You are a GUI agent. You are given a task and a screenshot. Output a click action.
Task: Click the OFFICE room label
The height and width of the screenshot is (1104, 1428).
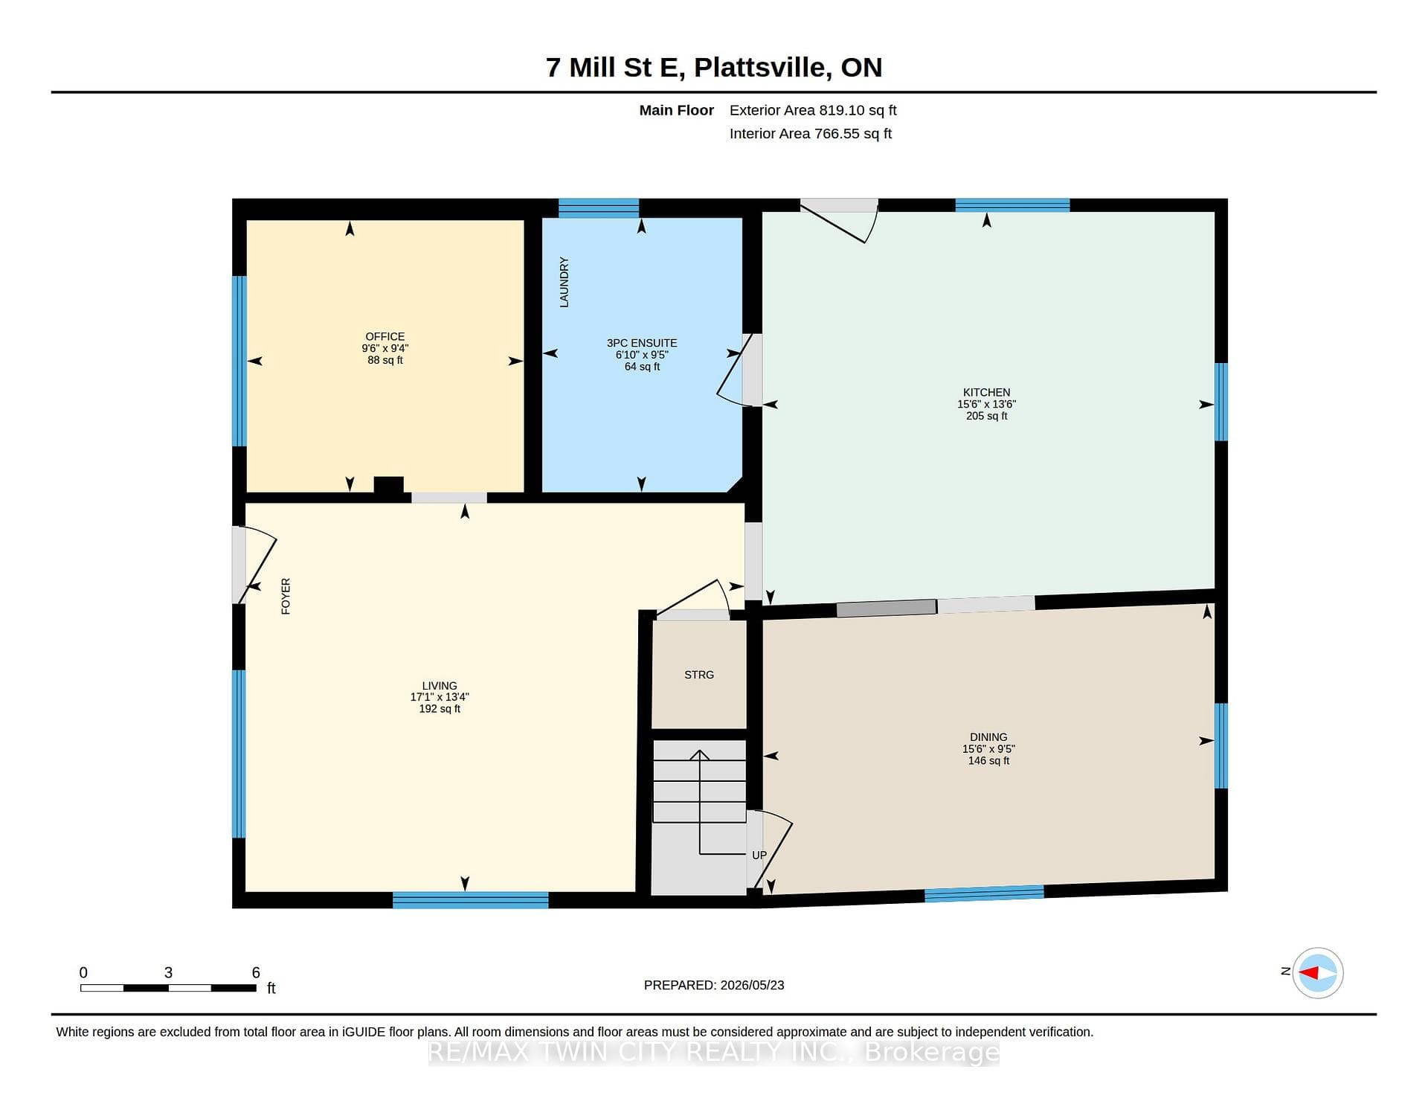tap(385, 336)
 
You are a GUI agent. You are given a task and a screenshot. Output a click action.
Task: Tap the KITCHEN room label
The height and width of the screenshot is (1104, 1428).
tap(986, 392)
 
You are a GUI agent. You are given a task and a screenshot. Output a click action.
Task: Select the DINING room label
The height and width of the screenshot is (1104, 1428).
tap(988, 737)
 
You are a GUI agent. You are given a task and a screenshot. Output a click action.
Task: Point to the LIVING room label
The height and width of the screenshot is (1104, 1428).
tap(440, 686)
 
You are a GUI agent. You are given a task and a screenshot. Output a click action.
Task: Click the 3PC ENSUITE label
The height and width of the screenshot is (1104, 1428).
tap(642, 343)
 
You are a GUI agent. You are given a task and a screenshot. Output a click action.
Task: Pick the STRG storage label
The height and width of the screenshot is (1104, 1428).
tap(699, 675)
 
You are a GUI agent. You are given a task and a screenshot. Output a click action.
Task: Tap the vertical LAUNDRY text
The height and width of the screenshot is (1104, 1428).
tap(564, 282)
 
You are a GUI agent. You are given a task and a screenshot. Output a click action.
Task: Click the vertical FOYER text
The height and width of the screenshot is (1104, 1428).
tap(286, 596)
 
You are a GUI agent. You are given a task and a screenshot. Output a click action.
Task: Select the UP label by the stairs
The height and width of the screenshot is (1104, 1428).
tap(759, 855)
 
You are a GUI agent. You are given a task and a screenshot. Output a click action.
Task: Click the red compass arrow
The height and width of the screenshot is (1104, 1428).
tap(1309, 972)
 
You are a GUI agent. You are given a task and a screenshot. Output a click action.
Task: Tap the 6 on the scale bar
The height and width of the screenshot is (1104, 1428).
tap(256, 972)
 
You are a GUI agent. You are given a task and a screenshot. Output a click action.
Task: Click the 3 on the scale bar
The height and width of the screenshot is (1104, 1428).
tap(168, 972)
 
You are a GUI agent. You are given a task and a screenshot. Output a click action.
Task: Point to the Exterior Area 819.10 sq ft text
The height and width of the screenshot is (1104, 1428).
tap(813, 110)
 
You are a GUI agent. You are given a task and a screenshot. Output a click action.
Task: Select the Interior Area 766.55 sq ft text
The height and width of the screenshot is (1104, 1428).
tap(811, 134)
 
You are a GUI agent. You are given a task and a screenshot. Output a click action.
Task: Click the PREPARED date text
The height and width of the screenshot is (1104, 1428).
tap(714, 985)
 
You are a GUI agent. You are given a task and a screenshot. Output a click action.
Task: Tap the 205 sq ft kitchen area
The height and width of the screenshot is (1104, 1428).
tap(986, 416)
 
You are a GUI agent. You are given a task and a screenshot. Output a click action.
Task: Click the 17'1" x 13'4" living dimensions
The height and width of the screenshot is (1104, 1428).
tap(440, 697)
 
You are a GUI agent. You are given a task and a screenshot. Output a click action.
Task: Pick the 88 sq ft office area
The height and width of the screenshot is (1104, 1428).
tap(385, 360)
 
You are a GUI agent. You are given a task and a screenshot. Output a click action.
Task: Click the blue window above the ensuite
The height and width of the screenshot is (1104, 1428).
tap(599, 208)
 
